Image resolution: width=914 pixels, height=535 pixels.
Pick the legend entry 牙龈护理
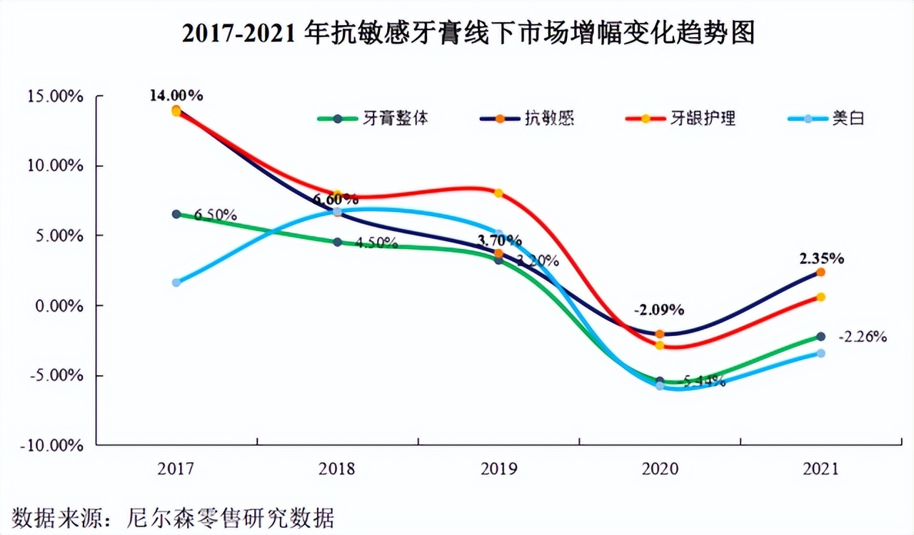point(703,118)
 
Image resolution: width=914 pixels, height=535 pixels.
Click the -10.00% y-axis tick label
point(55,445)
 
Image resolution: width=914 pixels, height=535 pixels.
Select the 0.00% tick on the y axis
point(60,305)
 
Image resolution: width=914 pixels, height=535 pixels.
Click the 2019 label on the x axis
point(498,469)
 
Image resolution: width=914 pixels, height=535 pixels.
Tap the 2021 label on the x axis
point(820,469)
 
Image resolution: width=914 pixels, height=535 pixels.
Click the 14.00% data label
point(176,95)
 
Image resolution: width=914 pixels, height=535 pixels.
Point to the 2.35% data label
point(820,258)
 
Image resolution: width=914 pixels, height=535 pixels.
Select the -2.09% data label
point(658,310)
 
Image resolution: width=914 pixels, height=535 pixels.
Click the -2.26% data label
point(863,337)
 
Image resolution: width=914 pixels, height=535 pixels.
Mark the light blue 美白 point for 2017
point(176,282)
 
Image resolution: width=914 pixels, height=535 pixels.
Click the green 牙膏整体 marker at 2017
point(176,214)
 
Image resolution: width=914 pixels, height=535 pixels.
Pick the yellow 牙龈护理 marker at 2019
point(498,193)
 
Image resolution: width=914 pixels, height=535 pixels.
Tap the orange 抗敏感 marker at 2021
point(820,272)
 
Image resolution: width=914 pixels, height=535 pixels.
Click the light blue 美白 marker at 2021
point(820,353)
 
